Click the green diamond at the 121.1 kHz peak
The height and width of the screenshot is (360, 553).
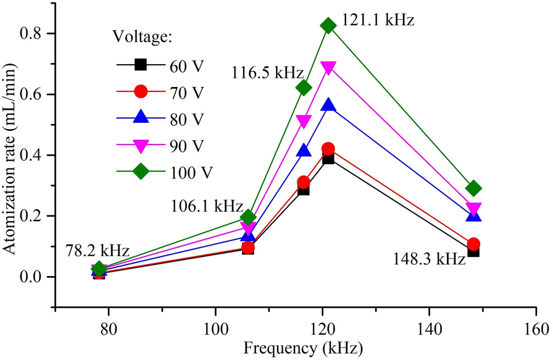point(328,25)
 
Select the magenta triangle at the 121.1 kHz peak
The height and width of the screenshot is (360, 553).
point(328,67)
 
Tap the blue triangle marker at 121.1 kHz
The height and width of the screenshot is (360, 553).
point(328,105)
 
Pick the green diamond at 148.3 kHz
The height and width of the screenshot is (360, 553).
point(473,188)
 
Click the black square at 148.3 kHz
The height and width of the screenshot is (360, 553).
point(473,251)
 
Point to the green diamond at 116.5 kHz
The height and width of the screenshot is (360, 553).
point(304,88)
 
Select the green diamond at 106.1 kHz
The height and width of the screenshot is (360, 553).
point(248,217)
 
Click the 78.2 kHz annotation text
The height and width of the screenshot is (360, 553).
point(98,251)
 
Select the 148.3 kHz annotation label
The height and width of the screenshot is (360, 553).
point(429,259)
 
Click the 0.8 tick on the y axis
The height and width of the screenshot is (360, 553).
point(33,33)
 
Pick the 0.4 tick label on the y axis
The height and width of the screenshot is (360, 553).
point(33,156)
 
